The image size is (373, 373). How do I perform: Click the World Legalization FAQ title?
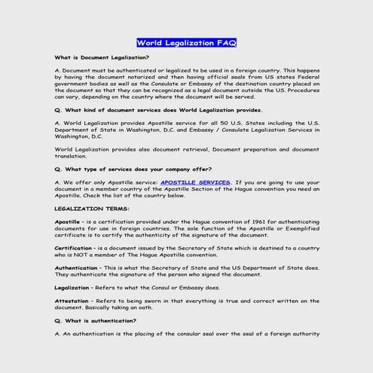pos(186,43)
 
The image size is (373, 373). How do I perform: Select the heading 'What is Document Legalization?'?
pos(102,57)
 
